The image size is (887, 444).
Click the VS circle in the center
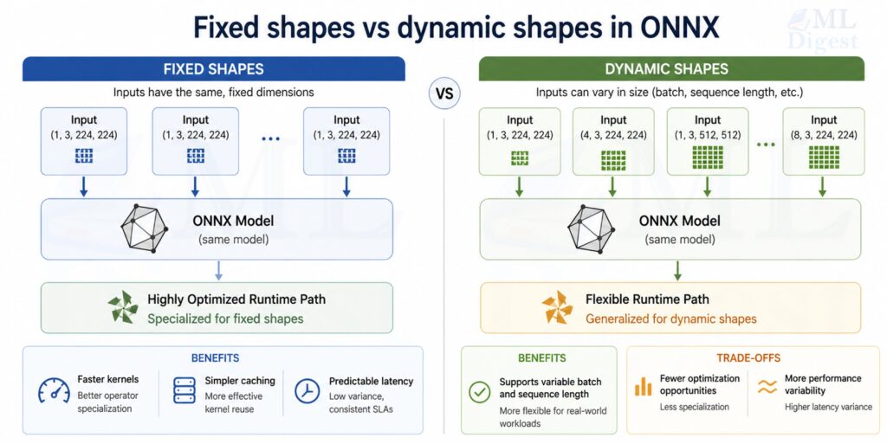tap(443, 92)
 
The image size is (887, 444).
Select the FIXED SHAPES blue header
tap(213, 69)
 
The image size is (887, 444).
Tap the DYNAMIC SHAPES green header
tap(671, 69)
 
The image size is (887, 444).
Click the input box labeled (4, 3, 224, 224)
tap(613, 141)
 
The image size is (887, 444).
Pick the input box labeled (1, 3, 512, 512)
tap(708, 141)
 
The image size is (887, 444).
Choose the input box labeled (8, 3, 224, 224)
tap(824, 141)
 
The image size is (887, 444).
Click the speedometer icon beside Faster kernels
tap(54, 391)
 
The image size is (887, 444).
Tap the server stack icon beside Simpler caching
tap(185, 391)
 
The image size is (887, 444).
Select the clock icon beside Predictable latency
tap(307, 391)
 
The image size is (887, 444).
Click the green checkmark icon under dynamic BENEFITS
tap(479, 391)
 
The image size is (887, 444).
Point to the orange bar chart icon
tap(643, 387)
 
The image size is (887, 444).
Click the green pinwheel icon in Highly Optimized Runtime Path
tap(122, 307)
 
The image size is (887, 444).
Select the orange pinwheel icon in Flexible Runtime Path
tap(556, 307)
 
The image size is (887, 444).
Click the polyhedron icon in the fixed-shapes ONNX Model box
tap(145, 228)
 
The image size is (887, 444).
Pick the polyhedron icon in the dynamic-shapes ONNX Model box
tap(591, 228)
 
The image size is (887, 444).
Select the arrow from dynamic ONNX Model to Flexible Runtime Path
tap(677, 270)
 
